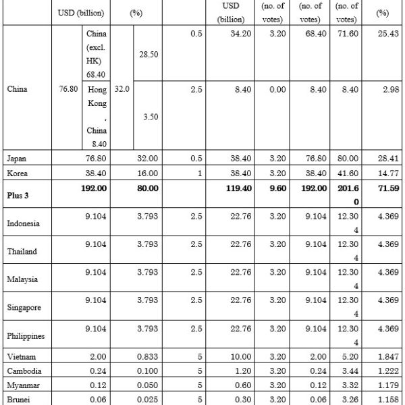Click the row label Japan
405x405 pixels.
click(17, 158)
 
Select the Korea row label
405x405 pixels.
click(17, 173)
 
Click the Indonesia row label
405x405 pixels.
click(25, 223)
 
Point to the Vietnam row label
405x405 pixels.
click(20, 356)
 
